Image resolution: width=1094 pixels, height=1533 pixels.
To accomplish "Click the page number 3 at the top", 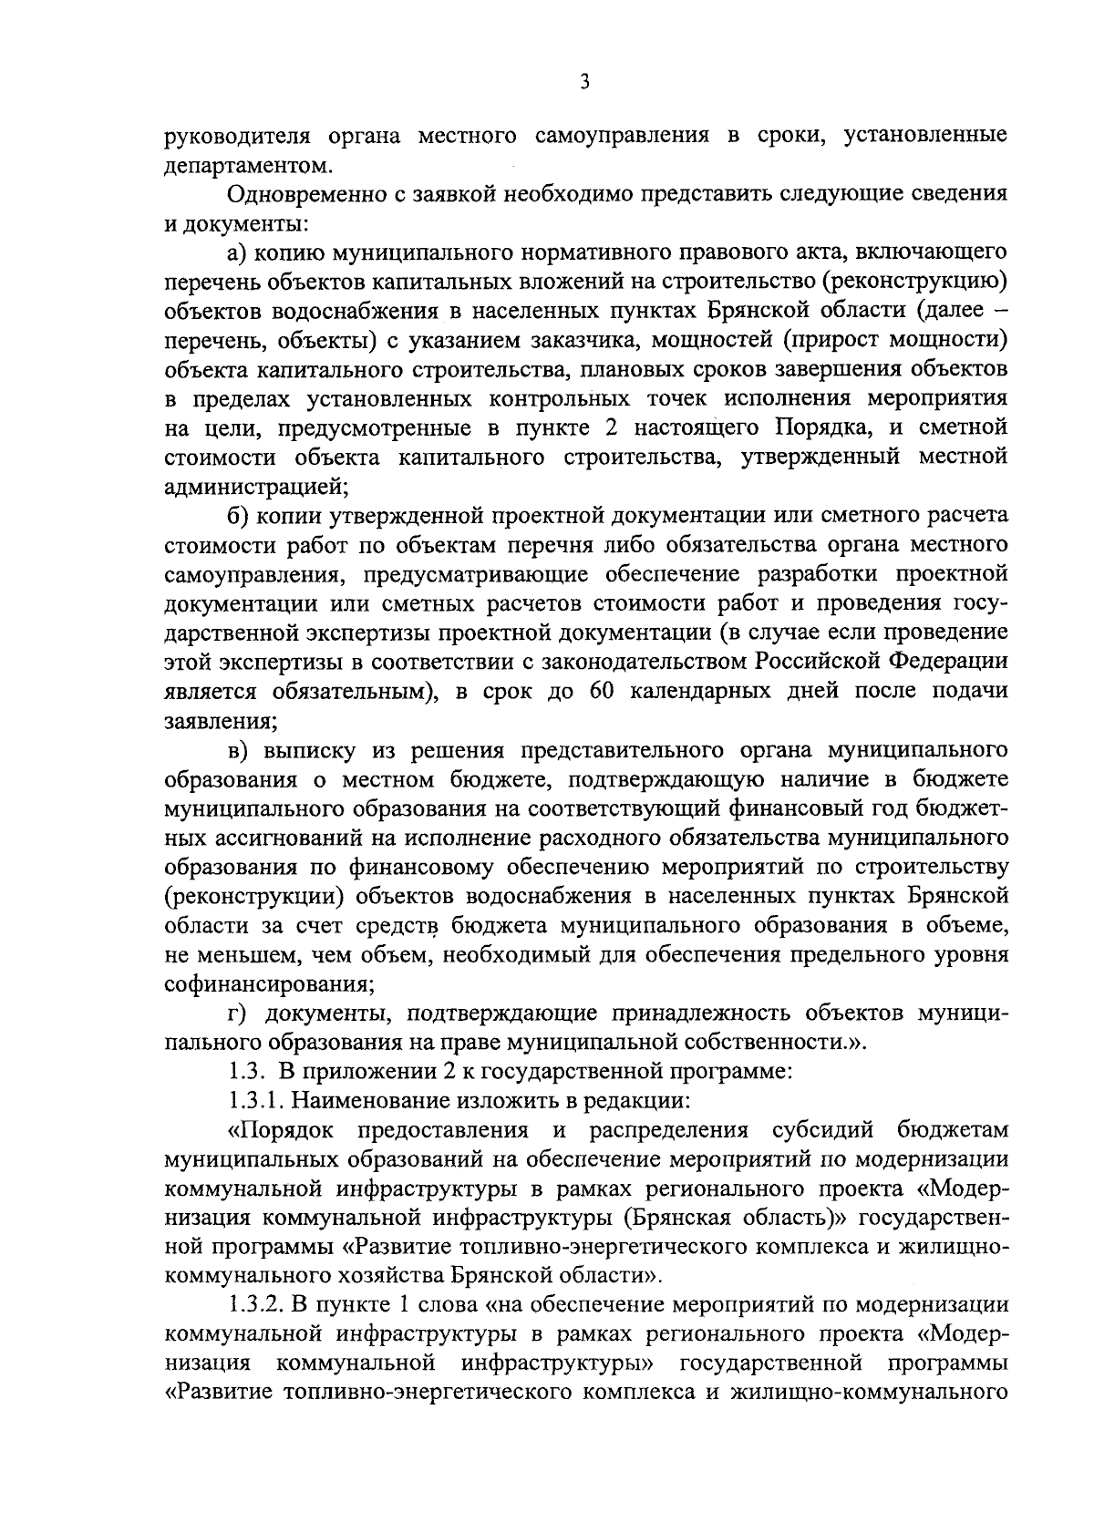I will [x=584, y=82].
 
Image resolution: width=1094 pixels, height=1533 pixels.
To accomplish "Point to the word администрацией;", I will [x=256, y=487].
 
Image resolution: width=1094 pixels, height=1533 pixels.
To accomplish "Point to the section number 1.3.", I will [x=244, y=1072].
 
